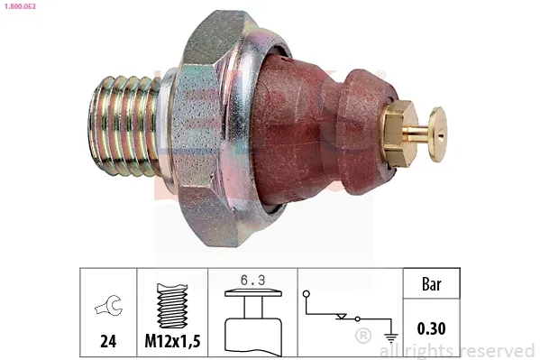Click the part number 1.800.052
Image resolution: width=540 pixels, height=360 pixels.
(x=21, y=6)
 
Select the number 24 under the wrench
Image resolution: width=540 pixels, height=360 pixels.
(x=107, y=341)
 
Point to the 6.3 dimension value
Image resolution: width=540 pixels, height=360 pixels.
(x=252, y=282)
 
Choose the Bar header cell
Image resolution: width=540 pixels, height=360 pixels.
(x=432, y=284)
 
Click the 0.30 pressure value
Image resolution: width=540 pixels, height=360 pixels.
(x=432, y=329)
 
